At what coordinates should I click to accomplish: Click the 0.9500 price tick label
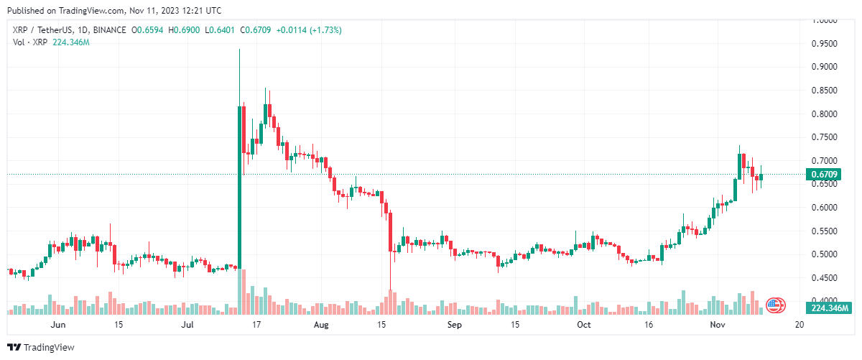pyautogui.click(x=823, y=44)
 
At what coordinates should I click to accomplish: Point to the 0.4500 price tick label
pyautogui.click(x=823, y=278)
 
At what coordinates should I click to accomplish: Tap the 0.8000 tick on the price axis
pyautogui.click(x=823, y=114)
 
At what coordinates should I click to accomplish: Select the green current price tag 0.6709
pyautogui.click(x=823, y=175)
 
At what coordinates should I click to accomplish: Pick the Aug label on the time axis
pyautogui.click(x=321, y=325)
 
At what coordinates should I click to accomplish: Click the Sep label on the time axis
pyautogui.click(x=454, y=325)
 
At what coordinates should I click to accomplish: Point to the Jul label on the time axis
pyautogui.click(x=189, y=325)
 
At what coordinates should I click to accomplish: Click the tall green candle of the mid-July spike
pyautogui.click(x=239, y=187)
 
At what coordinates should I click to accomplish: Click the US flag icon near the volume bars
pyautogui.click(x=774, y=305)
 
